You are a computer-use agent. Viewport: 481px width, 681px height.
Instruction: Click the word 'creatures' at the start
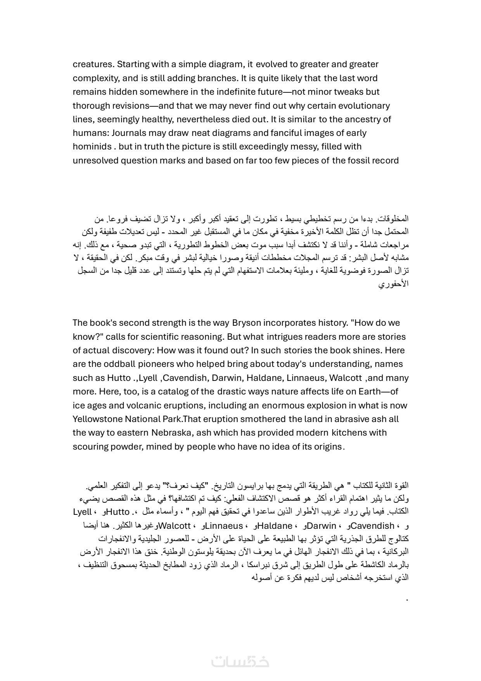point(93,64)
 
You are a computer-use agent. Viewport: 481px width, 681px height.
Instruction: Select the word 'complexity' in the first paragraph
point(96,78)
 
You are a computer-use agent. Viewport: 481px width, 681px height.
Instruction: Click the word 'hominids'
point(92,147)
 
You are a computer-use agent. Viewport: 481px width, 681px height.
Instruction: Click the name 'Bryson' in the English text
point(246,323)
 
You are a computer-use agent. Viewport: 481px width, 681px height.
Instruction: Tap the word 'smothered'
point(266,419)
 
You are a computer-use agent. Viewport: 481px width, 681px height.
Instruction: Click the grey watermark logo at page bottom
point(240,661)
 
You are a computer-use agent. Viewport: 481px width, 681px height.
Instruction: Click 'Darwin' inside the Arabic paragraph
point(322,526)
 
